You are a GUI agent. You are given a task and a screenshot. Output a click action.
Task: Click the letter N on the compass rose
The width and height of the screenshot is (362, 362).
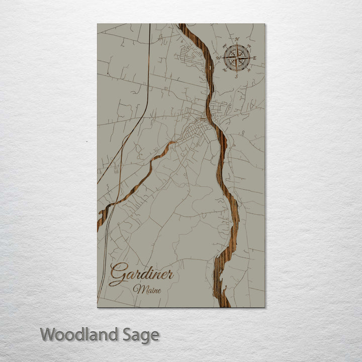point(238,39)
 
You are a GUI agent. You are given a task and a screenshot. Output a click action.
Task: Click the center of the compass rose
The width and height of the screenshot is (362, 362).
point(237,58)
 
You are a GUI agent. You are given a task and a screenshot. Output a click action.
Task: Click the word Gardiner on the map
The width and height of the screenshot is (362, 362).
point(141,274)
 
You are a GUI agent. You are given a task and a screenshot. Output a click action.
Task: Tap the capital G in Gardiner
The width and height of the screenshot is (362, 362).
point(116,275)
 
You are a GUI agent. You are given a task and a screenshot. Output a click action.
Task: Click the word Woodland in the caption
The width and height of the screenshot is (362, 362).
point(81,334)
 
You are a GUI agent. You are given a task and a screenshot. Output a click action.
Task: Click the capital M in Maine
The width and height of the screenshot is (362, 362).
point(137,290)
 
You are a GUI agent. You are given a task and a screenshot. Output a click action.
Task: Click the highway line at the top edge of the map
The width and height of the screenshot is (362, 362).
point(150,25)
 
